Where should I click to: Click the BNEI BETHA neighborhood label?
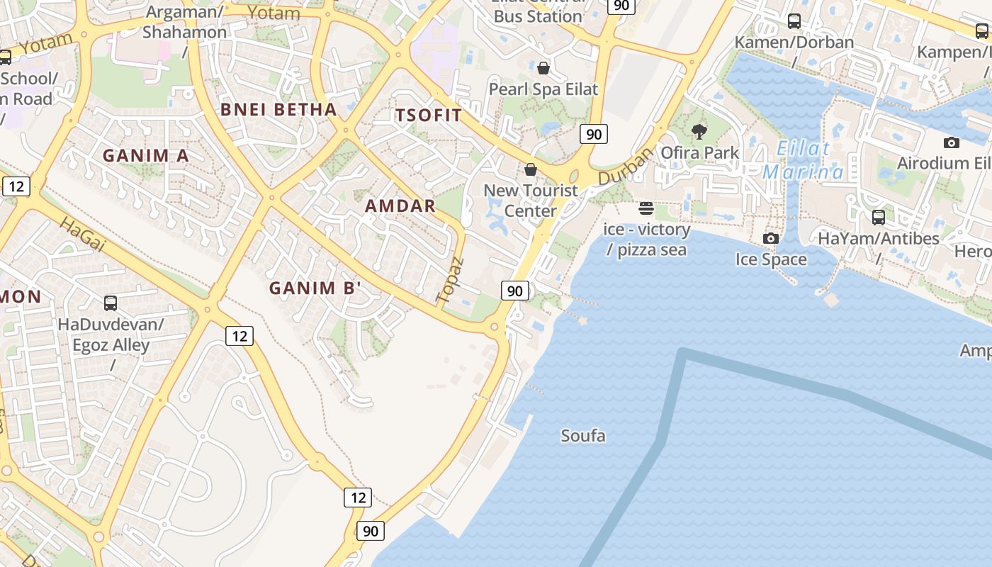[278, 109]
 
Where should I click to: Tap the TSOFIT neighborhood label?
[429, 116]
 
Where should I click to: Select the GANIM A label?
[146, 156]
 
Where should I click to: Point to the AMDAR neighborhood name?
[400, 206]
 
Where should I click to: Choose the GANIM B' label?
[315, 288]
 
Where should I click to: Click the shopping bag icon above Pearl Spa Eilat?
[543, 68]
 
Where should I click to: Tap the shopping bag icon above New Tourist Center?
[530, 169]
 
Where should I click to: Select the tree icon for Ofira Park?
[699, 131]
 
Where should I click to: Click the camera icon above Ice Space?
[771, 238]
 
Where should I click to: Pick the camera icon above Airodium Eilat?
[952, 142]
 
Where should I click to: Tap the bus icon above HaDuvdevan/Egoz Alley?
[111, 303]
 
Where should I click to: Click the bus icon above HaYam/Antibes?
[879, 217]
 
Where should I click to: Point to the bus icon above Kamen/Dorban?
[794, 21]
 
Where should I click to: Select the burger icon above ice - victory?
[646, 208]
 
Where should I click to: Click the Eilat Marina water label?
[804, 161]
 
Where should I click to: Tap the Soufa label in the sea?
[583, 435]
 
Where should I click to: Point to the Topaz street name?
[451, 281]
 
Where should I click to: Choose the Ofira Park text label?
[699, 152]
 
